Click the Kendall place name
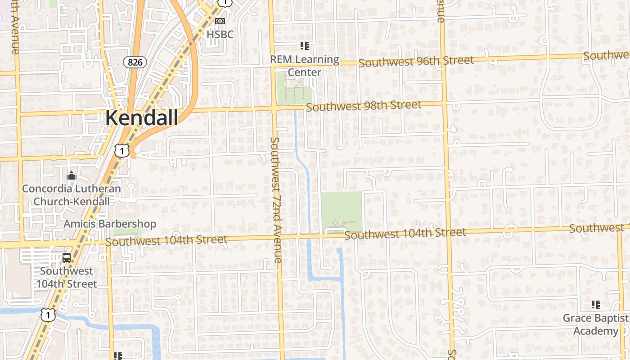(x=141, y=117)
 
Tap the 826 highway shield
(x=135, y=62)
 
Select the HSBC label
(x=220, y=34)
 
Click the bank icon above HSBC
(x=220, y=21)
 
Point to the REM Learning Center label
(x=304, y=66)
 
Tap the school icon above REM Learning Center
(x=305, y=45)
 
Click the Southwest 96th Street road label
(x=416, y=61)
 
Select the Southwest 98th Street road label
(x=364, y=106)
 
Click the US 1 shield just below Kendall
(x=122, y=151)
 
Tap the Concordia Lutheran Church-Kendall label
(x=72, y=195)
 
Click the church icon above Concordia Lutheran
(x=71, y=175)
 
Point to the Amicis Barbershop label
(x=110, y=224)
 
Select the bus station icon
(x=67, y=258)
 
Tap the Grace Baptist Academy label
(x=595, y=324)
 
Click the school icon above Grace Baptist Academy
(x=596, y=305)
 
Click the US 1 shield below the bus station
(x=48, y=315)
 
